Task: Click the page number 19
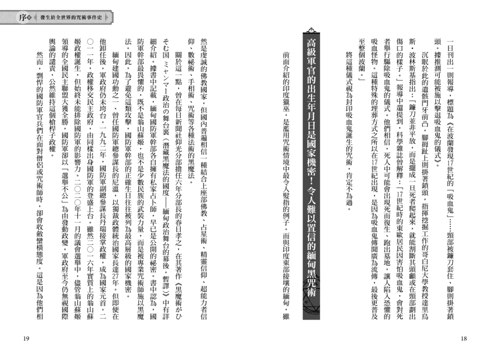[26, 339]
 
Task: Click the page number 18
[464, 339]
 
